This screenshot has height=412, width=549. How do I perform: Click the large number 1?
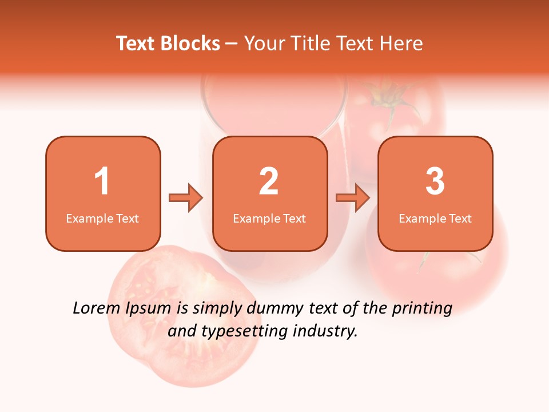pyautogui.click(x=102, y=181)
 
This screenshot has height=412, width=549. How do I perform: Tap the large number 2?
pyautogui.click(x=269, y=181)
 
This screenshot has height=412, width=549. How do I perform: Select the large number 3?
pyautogui.click(x=435, y=181)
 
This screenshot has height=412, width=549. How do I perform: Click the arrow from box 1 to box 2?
pyautogui.click(x=186, y=198)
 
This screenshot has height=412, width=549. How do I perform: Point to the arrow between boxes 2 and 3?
pyautogui.click(x=353, y=198)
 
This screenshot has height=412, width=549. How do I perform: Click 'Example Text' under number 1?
pyautogui.click(x=102, y=218)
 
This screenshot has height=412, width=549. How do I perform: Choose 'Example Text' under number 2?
pyautogui.click(x=269, y=218)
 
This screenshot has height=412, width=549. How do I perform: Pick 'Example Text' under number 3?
pyautogui.click(x=435, y=218)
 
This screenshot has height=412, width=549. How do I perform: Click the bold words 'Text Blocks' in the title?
pyautogui.click(x=168, y=43)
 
